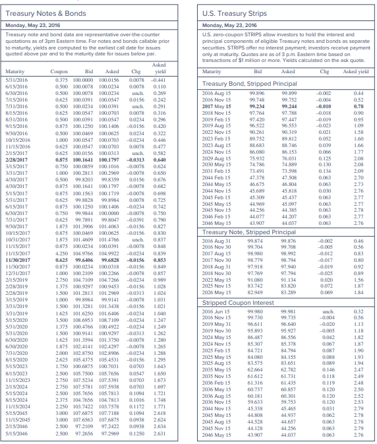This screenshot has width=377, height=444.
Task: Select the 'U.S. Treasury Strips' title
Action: click(232, 13)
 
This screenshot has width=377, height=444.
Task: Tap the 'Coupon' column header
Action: click(59, 71)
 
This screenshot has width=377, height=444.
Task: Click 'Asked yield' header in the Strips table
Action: click(357, 71)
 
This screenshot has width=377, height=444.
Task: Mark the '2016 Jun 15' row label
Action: click(217, 311)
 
